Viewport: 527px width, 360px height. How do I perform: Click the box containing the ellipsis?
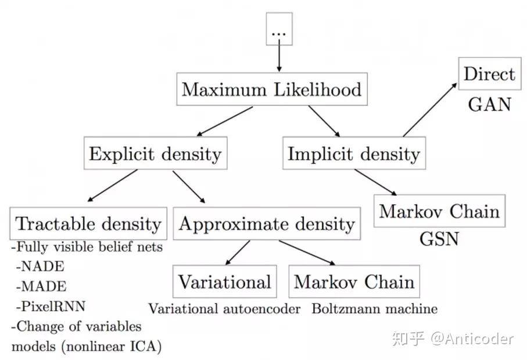pos(279,28)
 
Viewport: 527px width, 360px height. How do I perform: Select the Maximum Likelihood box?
pos(271,89)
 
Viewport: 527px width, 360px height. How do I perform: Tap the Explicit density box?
pos(155,154)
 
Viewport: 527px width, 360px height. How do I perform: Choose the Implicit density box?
pos(353,154)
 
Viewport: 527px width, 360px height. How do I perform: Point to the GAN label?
pos(489,105)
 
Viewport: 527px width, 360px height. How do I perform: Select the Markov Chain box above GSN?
pos(439,211)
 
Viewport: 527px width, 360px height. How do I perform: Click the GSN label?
pos(439,239)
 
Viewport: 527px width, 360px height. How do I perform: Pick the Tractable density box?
pos(88,224)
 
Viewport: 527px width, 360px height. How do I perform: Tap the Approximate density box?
pos(267,224)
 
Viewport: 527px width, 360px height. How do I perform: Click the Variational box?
pos(224,282)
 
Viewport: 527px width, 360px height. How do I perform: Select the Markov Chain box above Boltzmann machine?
pos(354,282)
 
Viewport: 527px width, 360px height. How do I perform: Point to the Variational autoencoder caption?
pos(224,308)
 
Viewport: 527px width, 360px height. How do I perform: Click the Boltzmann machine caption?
pos(374,308)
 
